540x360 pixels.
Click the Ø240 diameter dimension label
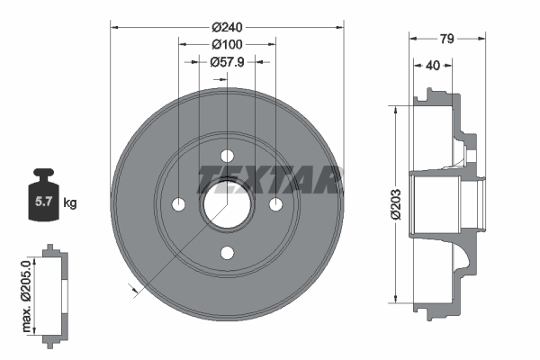[227, 26]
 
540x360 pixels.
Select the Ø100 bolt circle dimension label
[227, 44]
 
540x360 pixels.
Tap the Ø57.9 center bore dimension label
[228, 62]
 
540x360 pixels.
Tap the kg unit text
[70, 202]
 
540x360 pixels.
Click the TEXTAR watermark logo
[268, 178]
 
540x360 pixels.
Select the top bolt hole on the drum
[227, 155]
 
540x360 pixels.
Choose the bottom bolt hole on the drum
[227, 252]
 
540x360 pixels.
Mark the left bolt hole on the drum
[178, 203]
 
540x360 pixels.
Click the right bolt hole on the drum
[275, 203]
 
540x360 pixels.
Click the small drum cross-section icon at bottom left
[55, 293]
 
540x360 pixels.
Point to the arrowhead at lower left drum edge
[134, 287]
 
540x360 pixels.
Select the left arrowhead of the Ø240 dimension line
[114, 26]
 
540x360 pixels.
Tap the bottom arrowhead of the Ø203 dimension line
[395, 299]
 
